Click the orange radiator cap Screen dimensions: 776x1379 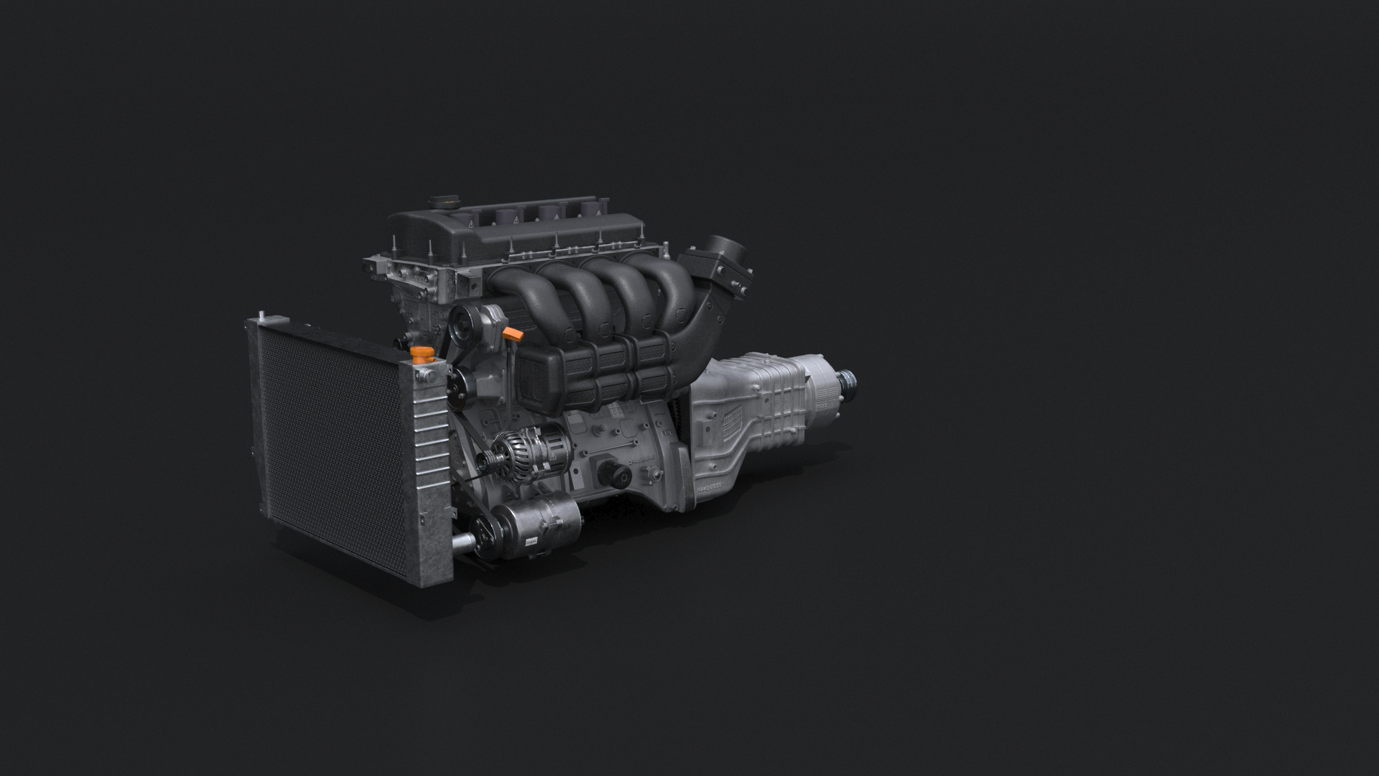click(x=421, y=352)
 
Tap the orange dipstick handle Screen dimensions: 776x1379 click(x=511, y=334)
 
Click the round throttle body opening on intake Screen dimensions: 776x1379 click(x=728, y=250)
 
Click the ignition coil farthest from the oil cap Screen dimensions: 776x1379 click(x=590, y=210)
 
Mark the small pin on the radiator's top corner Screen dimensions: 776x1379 click(x=263, y=315)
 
